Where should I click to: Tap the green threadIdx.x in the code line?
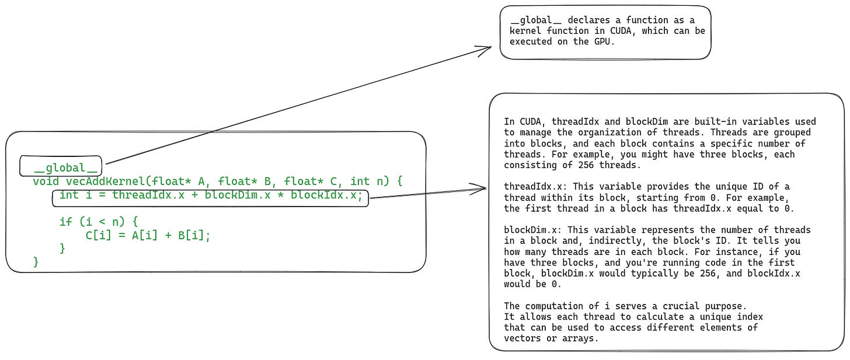[x=148, y=195]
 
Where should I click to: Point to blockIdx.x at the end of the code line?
[x=323, y=195]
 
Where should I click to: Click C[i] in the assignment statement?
[x=99, y=236]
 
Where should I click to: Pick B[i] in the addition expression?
[x=191, y=236]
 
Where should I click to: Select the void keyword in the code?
[x=46, y=181]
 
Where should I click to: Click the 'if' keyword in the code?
[x=65, y=222]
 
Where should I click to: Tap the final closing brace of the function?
[x=36, y=262]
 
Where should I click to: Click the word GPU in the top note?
[x=602, y=41]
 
